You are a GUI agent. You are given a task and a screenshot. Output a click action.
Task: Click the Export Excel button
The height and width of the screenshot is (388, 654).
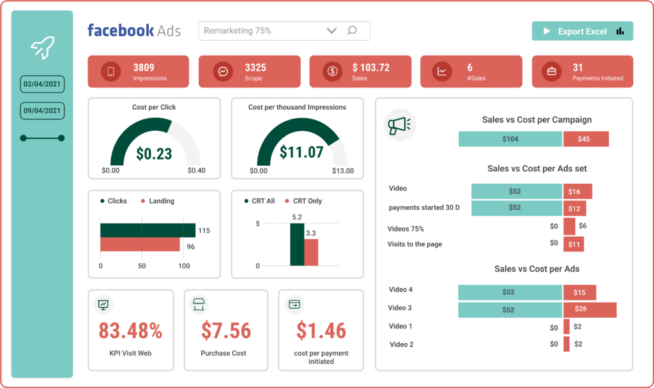click(582, 31)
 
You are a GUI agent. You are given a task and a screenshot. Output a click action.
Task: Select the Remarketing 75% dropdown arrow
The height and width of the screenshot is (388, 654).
click(331, 31)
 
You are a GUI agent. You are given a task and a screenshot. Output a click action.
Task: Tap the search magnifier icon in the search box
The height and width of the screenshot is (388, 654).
click(352, 31)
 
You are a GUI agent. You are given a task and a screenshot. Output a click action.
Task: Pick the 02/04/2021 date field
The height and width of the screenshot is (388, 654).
click(42, 84)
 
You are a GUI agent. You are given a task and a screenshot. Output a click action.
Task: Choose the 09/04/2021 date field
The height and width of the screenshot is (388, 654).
click(42, 110)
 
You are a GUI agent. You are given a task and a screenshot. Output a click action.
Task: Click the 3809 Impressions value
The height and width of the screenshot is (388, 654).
click(144, 68)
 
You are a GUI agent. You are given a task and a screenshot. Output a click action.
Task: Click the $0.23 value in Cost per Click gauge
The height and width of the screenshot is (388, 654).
click(154, 153)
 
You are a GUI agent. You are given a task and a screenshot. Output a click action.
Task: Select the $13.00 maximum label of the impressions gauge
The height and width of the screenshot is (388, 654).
click(342, 171)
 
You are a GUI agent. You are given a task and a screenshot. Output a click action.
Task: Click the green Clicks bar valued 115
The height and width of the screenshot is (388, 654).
click(148, 230)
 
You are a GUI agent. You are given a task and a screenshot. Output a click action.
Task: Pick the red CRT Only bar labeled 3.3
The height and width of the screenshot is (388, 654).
click(311, 252)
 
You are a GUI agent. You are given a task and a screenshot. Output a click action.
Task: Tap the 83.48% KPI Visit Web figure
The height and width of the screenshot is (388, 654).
click(130, 331)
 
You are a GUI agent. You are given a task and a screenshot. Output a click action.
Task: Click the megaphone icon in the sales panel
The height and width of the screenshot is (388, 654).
click(400, 124)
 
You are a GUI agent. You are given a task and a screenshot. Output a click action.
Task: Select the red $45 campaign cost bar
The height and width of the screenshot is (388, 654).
click(586, 139)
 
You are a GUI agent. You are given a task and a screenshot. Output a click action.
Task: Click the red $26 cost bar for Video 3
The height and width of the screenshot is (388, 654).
click(589, 310)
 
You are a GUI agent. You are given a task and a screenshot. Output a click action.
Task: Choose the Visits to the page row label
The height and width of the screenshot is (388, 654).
click(414, 244)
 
